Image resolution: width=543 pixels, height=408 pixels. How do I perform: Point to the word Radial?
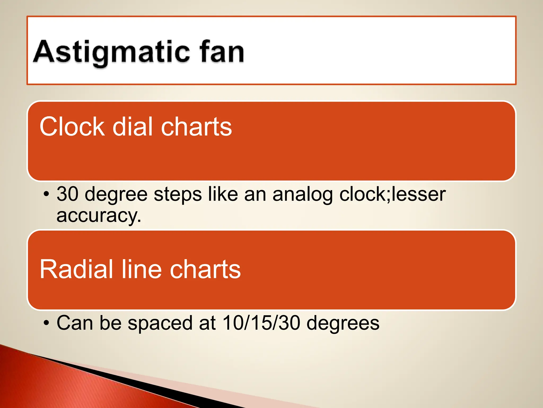76,269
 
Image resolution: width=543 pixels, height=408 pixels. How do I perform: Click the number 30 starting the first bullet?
67,194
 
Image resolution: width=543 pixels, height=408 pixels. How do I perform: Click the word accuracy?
99,216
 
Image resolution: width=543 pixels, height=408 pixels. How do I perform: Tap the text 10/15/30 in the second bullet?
261,323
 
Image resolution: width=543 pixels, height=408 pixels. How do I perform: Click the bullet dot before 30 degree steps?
46,194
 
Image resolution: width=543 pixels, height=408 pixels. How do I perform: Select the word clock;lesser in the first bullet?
392,194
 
